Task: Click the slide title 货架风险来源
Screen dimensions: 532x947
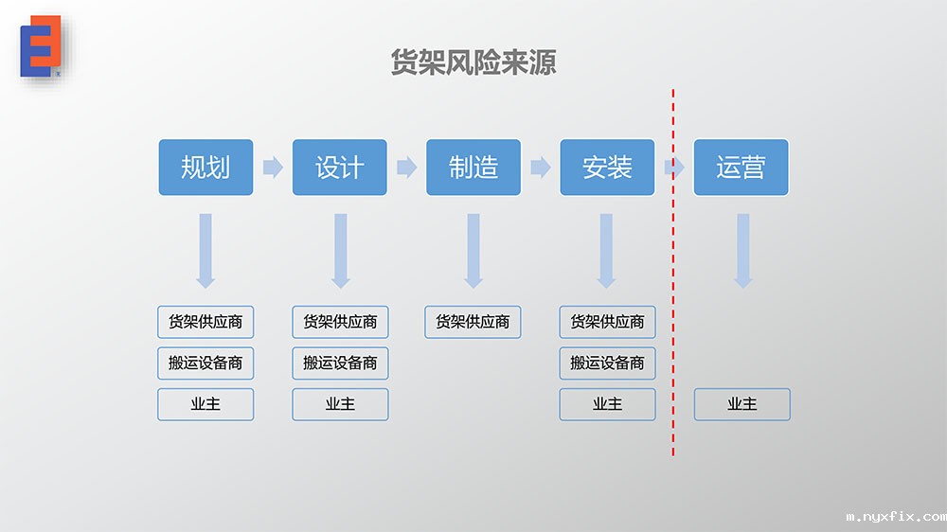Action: coord(473,62)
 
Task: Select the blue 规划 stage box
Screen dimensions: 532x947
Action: coord(205,168)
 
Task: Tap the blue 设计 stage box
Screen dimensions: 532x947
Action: coord(339,168)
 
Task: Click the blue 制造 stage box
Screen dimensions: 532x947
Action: coord(473,168)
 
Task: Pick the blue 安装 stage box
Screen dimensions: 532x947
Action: coord(607,168)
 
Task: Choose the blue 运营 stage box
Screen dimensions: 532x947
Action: coord(741,168)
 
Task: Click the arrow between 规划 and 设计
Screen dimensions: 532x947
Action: coord(273,168)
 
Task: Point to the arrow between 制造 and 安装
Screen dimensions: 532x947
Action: coord(541,168)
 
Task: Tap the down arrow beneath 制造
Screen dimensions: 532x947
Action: coord(473,250)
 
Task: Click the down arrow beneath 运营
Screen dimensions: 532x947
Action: coord(742,250)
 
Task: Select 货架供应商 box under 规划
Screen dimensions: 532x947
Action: coord(205,322)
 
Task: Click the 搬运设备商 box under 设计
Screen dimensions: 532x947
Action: coord(340,363)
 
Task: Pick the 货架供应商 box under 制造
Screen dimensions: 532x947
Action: coord(473,322)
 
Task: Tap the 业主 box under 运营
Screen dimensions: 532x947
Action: coord(742,404)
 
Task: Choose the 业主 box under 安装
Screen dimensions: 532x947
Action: coord(607,404)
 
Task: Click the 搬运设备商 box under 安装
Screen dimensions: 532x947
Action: coord(607,363)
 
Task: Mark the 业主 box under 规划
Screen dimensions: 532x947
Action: coord(205,404)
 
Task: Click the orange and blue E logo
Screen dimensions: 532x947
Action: coord(41,45)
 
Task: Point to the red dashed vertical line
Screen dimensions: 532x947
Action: coord(673,284)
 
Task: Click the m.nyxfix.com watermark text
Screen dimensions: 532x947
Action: coord(895,517)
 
